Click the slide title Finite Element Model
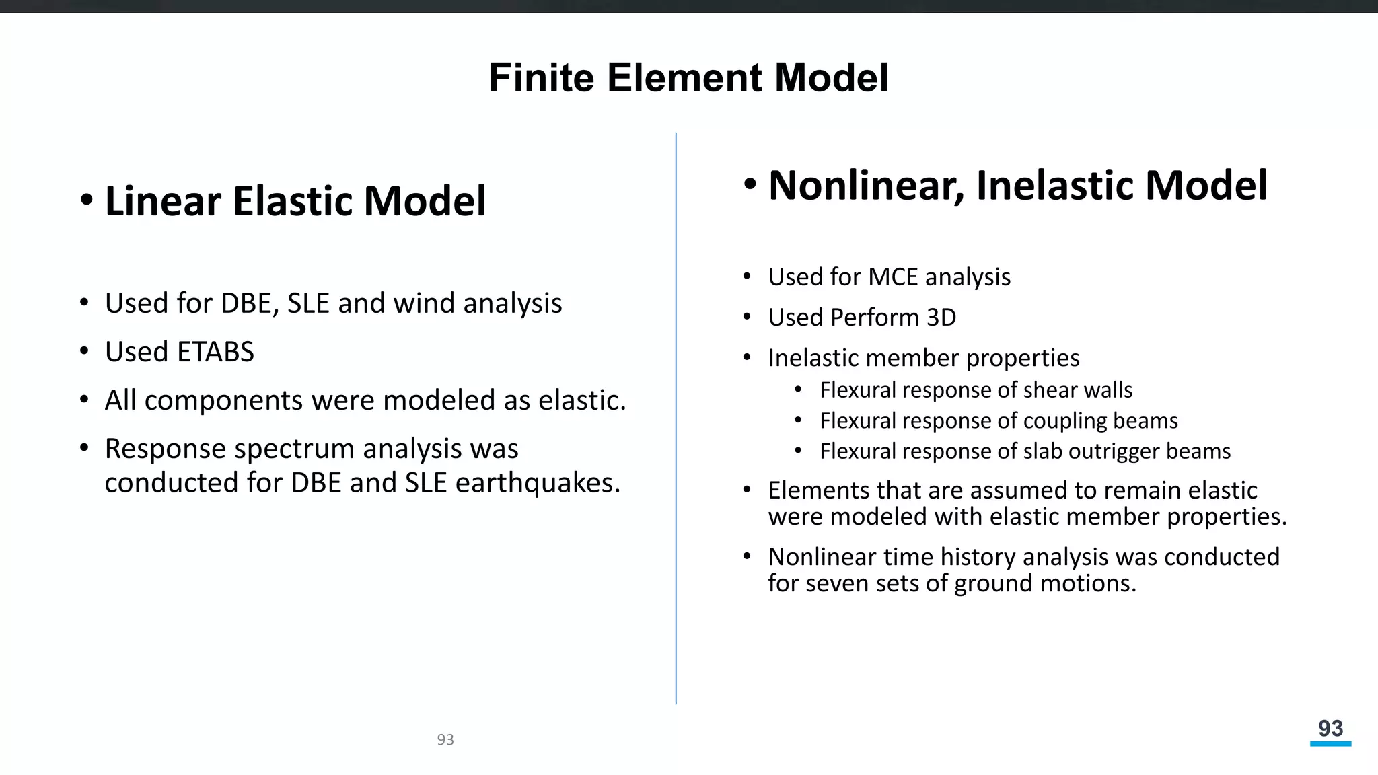688,77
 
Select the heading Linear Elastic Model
295,200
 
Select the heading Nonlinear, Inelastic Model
1017,185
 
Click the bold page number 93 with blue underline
1330,728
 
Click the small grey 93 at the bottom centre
445,740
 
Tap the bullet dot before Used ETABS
84,351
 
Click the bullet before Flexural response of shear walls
798,390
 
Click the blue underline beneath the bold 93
1330,743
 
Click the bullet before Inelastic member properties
747,358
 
